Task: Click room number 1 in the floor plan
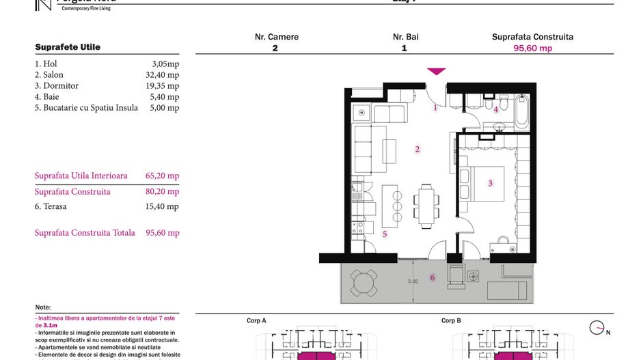(x=435, y=107)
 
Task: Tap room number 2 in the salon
(x=418, y=149)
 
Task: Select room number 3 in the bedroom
(x=490, y=183)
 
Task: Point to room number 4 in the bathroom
(x=496, y=109)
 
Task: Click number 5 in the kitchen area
(x=385, y=234)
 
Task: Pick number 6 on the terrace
(x=432, y=277)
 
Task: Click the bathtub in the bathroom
(x=522, y=111)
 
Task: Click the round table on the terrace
(x=364, y=281)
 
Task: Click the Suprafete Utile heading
(x=68, y=47)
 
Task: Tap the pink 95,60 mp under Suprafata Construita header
(x=532, y=49)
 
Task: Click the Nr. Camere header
(x=276, y=37)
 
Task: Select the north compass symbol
(x=597, y=328)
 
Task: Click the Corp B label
(x=451, y=320)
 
